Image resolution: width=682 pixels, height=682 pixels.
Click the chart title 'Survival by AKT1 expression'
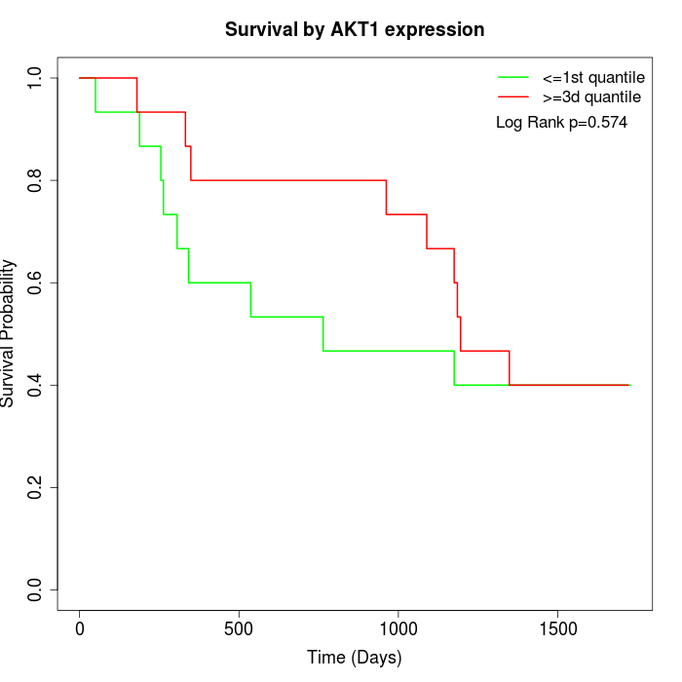coord(355,30)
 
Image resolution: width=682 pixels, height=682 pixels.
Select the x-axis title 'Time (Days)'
coord(355,658)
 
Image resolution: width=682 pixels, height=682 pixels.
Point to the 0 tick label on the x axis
coord(80,628)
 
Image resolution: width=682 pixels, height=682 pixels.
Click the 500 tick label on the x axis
coord(239,628)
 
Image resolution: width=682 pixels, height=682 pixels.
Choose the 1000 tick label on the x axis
coord(398,628)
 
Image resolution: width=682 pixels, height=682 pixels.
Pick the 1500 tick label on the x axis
coord(557,628)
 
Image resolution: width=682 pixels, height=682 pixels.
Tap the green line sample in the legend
coord(513,77)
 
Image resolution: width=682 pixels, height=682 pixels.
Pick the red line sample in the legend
coord(513,96)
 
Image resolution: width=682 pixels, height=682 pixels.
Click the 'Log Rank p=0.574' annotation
coord(561,123)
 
